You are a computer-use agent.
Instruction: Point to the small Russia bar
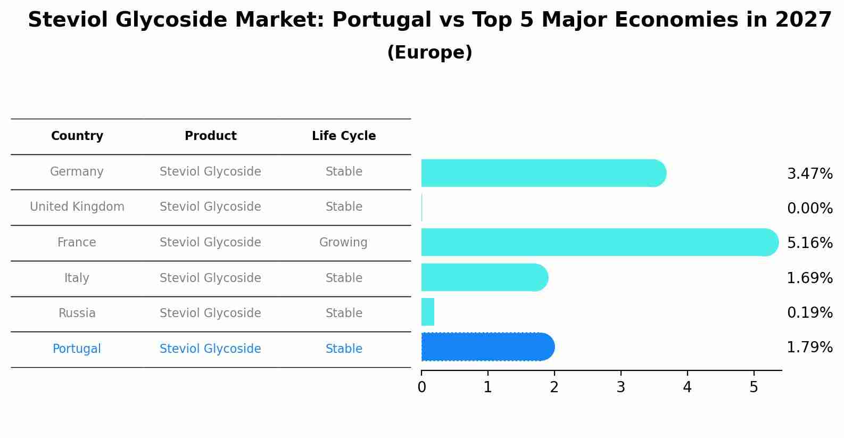click(428, 312)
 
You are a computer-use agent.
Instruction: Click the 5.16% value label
click(809, 243)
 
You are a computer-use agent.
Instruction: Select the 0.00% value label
click(809, 209)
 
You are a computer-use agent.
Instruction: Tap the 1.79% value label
click(809, 348)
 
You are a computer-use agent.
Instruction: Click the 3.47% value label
click(809, 174)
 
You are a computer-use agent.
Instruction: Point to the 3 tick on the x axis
click(620, 387)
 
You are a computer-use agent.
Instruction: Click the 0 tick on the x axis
click(421, 387)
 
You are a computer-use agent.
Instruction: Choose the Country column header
click(77, 136)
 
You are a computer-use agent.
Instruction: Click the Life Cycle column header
click(344, 136)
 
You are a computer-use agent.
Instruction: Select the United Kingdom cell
click(77, 207)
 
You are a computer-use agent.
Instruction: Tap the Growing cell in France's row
click(343, 243)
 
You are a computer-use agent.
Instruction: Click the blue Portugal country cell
click(77, 349)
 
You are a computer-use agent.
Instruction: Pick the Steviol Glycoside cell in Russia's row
click(210, 313)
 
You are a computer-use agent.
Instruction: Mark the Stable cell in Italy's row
click(344, 278)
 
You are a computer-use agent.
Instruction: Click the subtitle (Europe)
click(429, 53)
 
